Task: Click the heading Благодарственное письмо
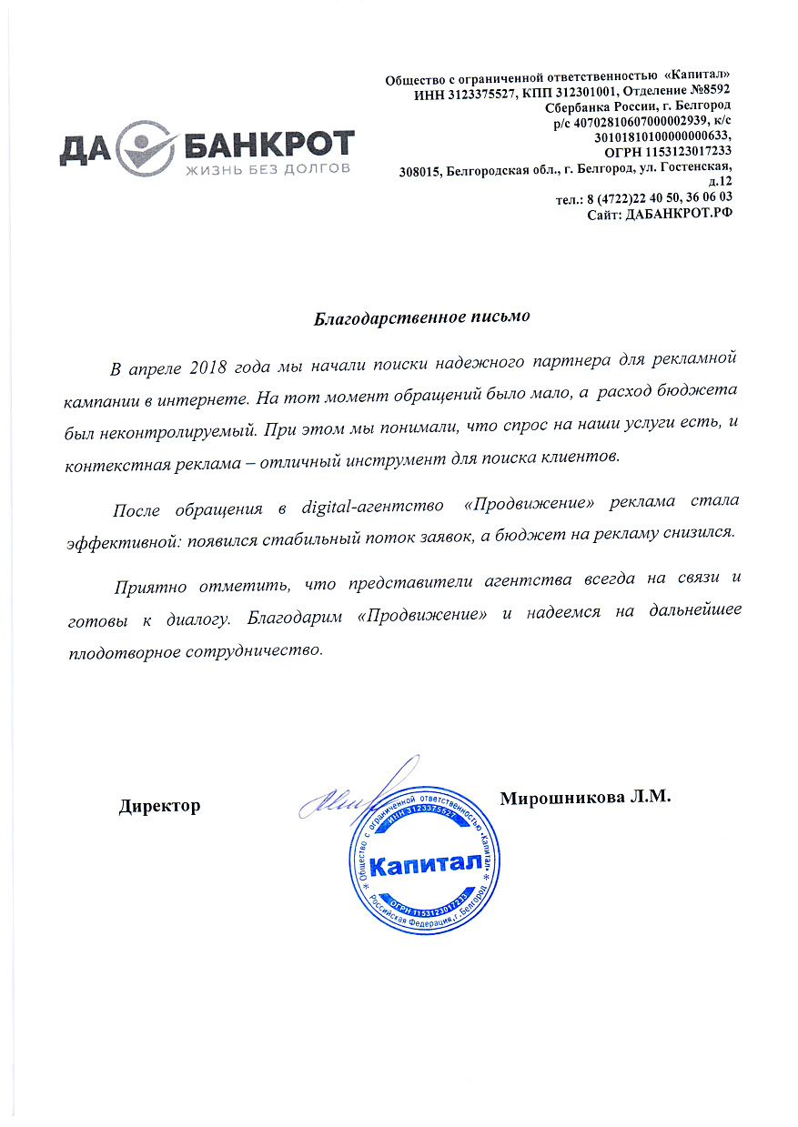[x=420, y=318]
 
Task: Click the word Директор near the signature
[x=159, y=806]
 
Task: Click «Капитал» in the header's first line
[x=698, y=76]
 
